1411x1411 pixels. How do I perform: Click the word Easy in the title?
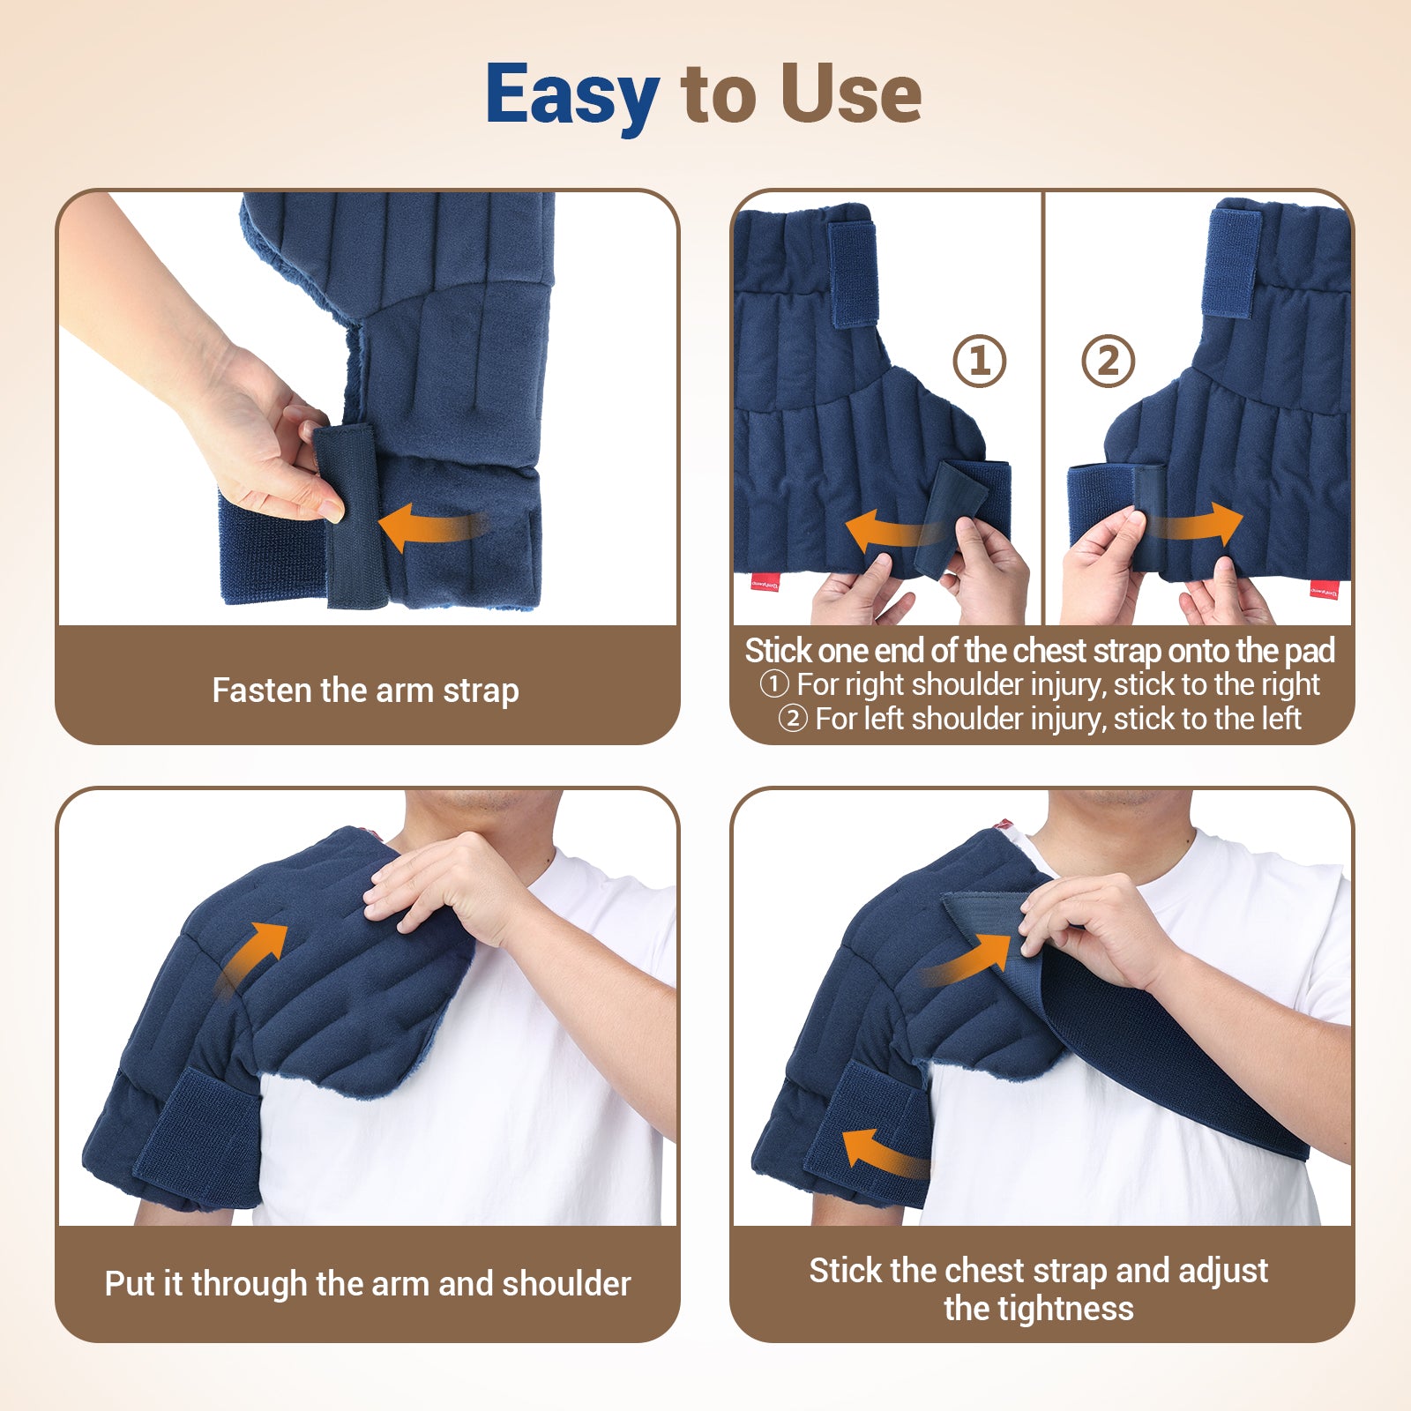pyautogui.click(x=571, y=96)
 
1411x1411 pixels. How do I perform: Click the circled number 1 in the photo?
pyautogui.click(x=979, y=361)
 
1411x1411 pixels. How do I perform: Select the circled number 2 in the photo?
pyautogui.click(x=1108, y=361)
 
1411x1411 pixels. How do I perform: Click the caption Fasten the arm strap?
pyautogui.click(x=365, y=691)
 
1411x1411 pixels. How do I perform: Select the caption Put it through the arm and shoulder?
pyautogui.click(x=368, y=1284)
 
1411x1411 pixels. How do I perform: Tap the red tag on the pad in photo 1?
pyautogui.click(x=765, y=582)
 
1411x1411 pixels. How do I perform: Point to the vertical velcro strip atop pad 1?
pyautogui.click(x=852, y=273)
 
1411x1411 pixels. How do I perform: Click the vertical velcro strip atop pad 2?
pyautogui.click(x=1233, y=264)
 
